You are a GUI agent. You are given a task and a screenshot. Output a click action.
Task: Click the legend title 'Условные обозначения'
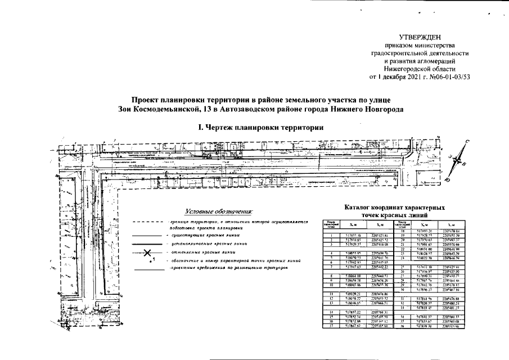218,211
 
